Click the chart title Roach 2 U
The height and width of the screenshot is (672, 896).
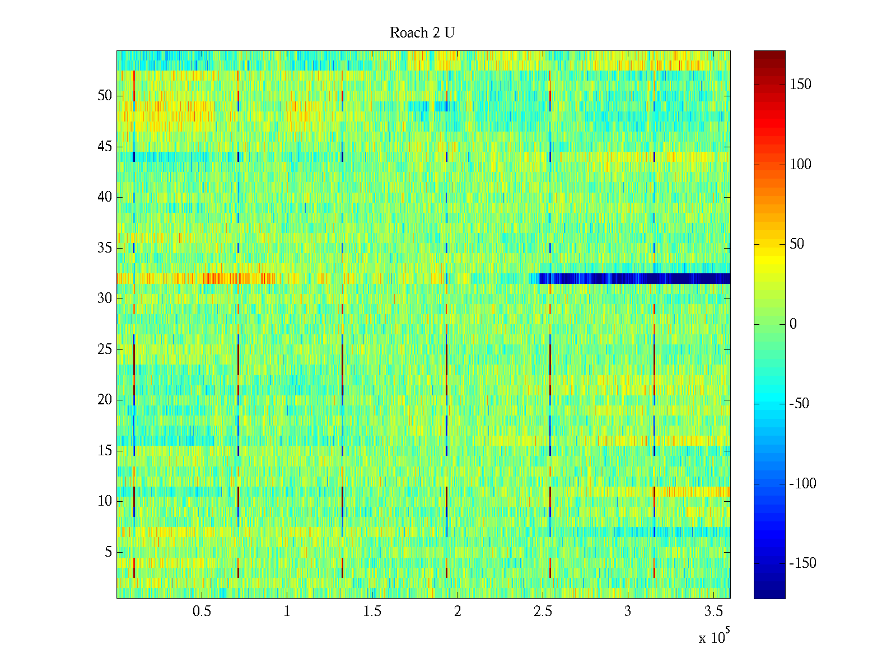(422, 33)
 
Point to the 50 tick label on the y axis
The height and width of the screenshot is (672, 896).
(105, 96)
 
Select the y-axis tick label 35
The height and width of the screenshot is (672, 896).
(105, 248)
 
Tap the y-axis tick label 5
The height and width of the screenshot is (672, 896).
(108, 552)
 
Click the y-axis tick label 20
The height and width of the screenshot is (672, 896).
(105, 400)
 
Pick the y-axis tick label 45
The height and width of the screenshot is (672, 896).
(105, 147)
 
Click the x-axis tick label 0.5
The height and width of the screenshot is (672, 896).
(202, 612)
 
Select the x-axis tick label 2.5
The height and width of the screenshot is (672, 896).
(543, 612)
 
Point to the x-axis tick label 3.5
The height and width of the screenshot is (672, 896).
(713, 612)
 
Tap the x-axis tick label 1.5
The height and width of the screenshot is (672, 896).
(372, 612)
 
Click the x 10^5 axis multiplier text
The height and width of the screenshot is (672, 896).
(714, 637)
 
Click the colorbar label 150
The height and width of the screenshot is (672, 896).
(800, 85)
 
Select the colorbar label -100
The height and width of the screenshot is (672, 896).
(802, 484)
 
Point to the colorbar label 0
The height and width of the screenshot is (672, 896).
(792, 324)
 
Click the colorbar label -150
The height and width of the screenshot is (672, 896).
(802, 563)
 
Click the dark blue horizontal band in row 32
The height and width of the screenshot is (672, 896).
(633, 278)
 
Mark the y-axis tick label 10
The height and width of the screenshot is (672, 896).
(105, 501)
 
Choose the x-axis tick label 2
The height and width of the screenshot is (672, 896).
(458, 612)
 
